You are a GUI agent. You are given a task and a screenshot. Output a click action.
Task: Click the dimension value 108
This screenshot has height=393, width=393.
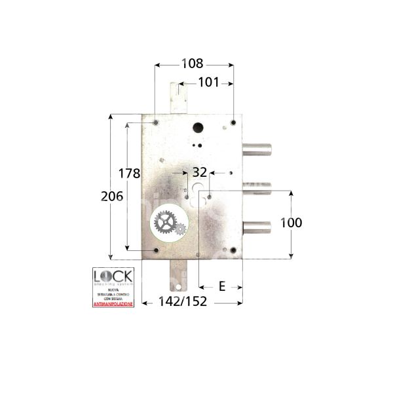coord(192,64)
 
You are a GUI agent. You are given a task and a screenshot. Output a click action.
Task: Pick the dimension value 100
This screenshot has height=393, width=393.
coord(290,223)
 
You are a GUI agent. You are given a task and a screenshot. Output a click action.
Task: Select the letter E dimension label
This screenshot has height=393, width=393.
coord(258,286)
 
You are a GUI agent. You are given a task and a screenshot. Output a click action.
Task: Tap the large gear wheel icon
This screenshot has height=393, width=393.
coord(164,223)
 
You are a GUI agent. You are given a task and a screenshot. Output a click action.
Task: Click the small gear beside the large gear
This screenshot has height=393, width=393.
coord(179,229)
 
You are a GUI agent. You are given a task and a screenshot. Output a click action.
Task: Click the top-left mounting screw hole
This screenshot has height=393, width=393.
coord(155,123)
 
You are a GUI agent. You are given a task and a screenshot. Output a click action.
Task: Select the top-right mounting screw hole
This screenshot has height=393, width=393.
coord(233,122)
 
